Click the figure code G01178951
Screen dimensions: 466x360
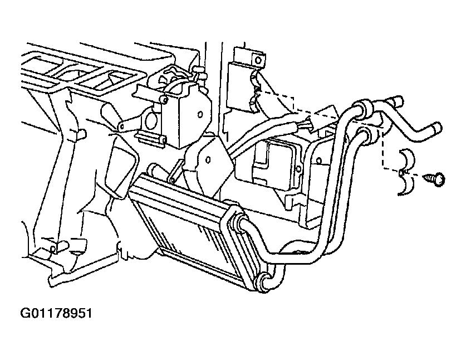click(x=56, y=313)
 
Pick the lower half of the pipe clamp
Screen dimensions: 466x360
click(x=406, y=184)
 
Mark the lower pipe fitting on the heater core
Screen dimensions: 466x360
click(x=265, y=282)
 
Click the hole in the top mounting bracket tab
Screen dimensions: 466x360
click(x=258, y=60)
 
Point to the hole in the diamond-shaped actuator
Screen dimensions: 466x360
click(x=208, y=160)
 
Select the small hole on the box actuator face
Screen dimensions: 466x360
click(x=200, y=114)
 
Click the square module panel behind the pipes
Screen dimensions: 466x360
click(x=279, y=165)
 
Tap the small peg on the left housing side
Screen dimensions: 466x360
click(x=81, y=134)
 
